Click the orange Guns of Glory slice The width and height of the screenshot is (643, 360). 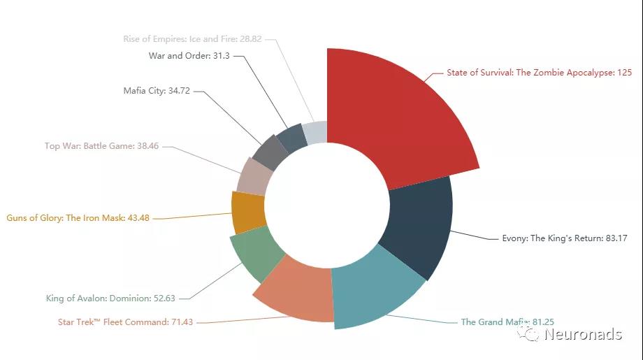click(x=247, y=212)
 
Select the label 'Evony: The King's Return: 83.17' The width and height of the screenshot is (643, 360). click(x=565, y=238)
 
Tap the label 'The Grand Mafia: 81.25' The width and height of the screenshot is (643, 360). click(x=507, y=322)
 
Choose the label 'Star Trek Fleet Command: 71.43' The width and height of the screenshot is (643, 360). click(x=125, y=322)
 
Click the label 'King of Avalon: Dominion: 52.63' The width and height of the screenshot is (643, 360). click(x=110, y=298)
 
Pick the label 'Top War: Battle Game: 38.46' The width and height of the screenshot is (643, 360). click(x=102, y=146)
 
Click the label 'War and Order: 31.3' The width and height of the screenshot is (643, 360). click(x=189, y=55)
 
